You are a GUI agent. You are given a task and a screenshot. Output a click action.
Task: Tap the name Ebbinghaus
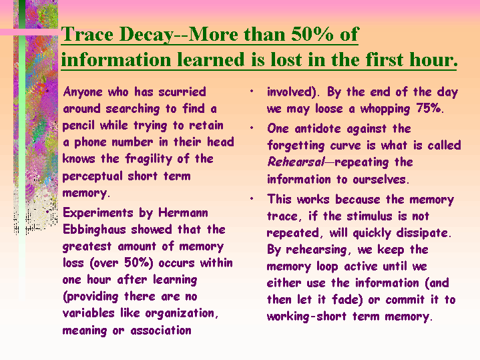(x=94, y=230)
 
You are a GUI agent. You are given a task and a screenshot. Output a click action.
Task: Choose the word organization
(x=182, y=314)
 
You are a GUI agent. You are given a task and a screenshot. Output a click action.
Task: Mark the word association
(x=161, y=331)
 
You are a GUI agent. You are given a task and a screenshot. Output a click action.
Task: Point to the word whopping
(x=385, y=110)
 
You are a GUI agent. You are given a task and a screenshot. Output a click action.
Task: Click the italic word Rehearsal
(x=295, y=162)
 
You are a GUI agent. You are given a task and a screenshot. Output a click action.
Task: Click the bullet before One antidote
(x=252, y=128)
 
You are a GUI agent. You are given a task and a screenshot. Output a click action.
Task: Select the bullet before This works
(x=252, y=198)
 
